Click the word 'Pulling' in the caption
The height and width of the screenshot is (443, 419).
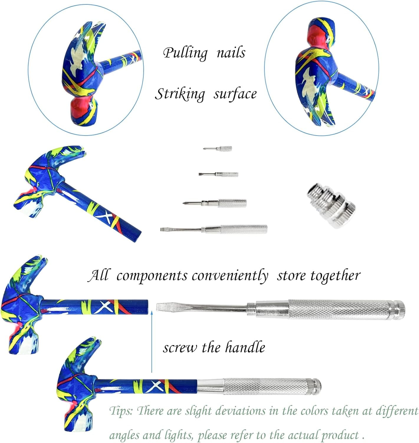click(185, 53)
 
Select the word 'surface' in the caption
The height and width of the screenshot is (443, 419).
click(235, 94)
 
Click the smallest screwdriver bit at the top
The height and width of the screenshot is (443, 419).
click(218, 149)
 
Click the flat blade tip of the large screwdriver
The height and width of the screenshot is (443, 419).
click(162, 307)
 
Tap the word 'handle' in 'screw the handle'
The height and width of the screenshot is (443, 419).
click(245, 348)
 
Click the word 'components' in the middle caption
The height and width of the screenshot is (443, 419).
click(152, 276)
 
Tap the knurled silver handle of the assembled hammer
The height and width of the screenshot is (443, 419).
click(265, 386)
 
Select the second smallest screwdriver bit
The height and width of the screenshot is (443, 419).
click(218, 174)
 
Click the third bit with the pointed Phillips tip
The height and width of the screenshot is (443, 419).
click(214, 203)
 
